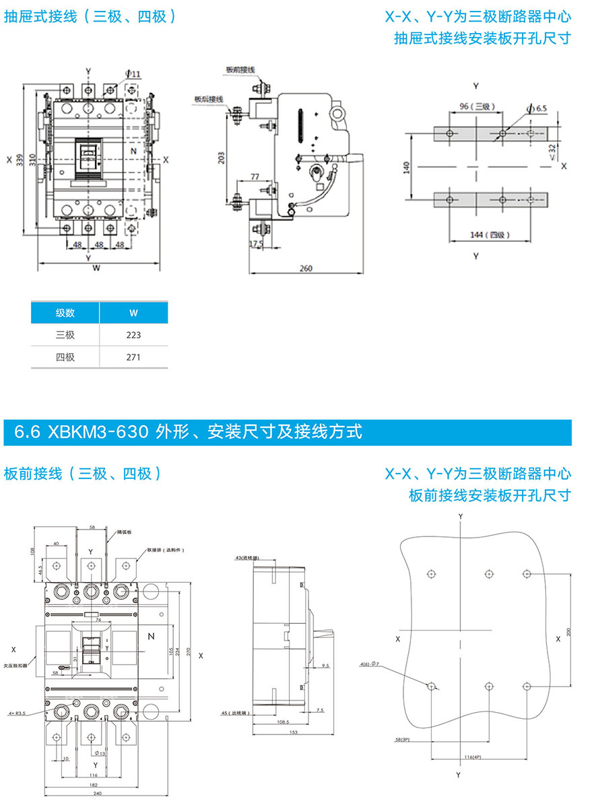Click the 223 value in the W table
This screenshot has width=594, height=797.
pyautogui.click(x=133, y=335)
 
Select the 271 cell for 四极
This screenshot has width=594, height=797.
pyautogui.click(x=133, y=357)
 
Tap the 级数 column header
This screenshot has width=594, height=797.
pyautogui.click(x=65, y=313)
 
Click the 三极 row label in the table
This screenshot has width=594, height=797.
pyautogui.click(x=65, y=335)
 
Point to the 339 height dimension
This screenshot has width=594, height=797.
pyautogui.click(x=21, y=159)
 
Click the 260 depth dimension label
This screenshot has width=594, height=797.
pyautogui.click(x=306, y=269)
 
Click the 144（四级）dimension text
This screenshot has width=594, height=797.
pyautogui.click(x=490, y=235)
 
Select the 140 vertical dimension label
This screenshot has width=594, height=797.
pyautogui.click(x=407, y=166)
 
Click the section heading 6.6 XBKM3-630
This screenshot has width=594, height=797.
pyautogui.click(x=183, y=431)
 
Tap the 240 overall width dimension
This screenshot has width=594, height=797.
pyautogui.click(x=97, y=794)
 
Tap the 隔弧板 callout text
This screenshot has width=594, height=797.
pyautogui.click(x=123, y=532)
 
